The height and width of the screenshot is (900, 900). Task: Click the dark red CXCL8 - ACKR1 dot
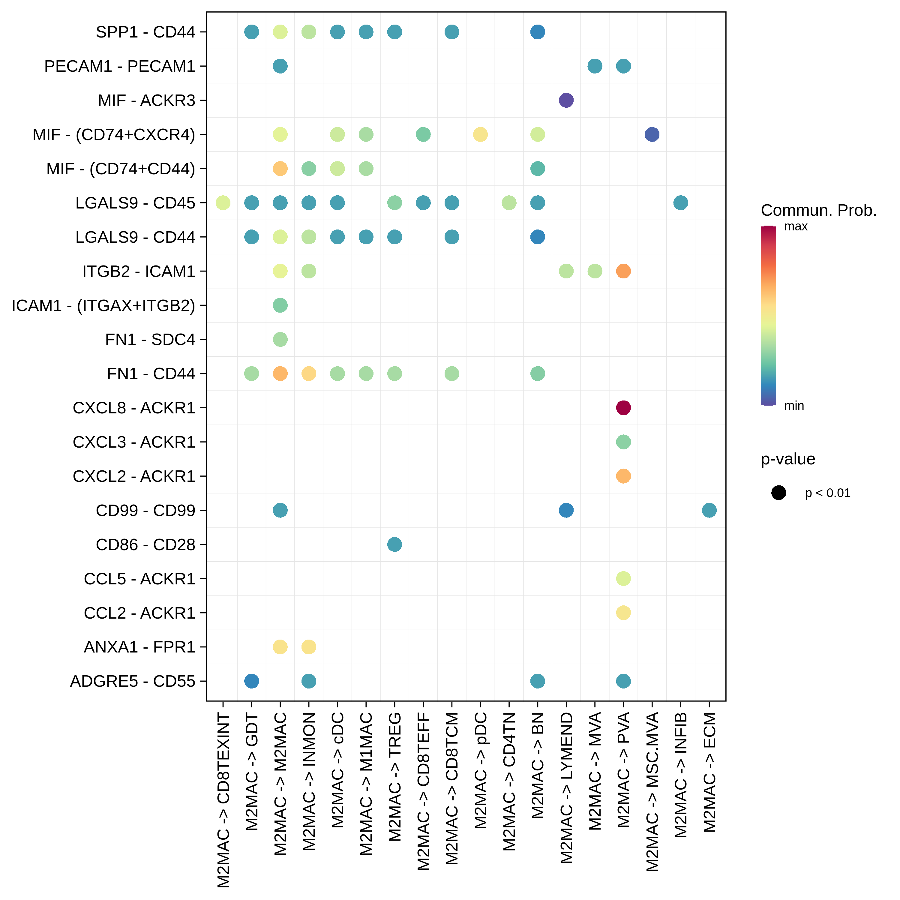click(623, 408)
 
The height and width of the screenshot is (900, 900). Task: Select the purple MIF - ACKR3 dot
click(566, 100)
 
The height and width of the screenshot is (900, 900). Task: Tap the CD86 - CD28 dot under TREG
click(394, 544)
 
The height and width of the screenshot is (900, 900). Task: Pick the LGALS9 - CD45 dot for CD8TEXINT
click(223, 202)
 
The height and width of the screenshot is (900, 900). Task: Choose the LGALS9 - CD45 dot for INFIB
click(681, 202)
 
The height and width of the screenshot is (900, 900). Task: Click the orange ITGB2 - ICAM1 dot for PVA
click(623, 271)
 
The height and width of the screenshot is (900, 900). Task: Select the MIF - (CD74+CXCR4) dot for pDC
click(480, 135)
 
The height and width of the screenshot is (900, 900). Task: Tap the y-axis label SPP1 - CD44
click(145, 32)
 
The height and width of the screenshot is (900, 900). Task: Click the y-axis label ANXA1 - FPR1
click(139, 647)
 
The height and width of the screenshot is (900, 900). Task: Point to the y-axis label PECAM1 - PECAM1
click(120, 66)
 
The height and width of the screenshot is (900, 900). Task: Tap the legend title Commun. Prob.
click(818, 211)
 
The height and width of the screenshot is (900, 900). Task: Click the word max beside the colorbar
click(796, 227)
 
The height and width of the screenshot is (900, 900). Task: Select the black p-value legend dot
click(778, 493)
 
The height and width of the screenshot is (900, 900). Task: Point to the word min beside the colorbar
click(794, 406)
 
